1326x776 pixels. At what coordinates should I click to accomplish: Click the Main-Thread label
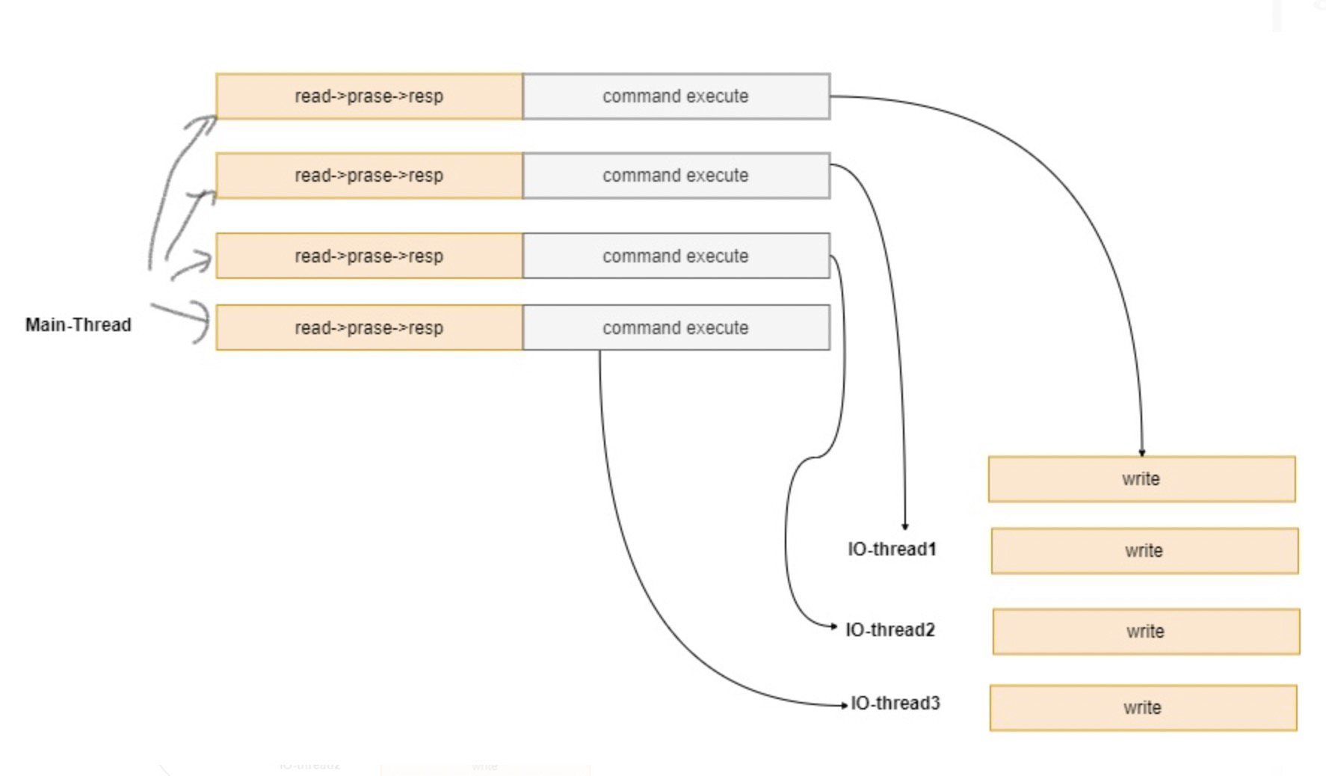pyautogui.click(x=78, y=325)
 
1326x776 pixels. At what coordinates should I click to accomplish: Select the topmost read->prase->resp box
pyautogui.click(x=368, y=96)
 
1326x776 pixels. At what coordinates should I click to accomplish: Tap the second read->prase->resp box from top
pyautogui.click(x=368, y=176)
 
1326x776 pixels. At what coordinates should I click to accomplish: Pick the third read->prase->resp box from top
pyautogui.click(x=368, y=256)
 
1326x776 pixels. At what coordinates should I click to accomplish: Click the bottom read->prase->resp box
pyautogui.click(x=368, y=327)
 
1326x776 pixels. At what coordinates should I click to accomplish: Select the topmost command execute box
pyautogui.click(x=676, y=96)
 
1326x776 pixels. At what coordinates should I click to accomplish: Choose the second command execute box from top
pyautogui.click(x=676, y=176)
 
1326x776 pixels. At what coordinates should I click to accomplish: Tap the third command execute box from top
pyautogui.click(x=676, y=256)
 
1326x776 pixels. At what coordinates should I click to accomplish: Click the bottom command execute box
pyautogui.click(x=676, y=327)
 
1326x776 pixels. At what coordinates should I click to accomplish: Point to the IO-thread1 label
pyautogui.click(x=892, y=549)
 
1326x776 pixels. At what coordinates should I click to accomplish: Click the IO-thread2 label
pyautogui.click(x=890, y=630)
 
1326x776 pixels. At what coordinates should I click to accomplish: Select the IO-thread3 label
pyautogui.click(x=895, y=703)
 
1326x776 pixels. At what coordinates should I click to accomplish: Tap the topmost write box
pyautogui.click(x=1141, y=479)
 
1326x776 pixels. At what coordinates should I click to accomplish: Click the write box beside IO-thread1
pyautogui.click(x=1144, y=551)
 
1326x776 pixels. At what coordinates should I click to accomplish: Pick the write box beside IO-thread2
pyautogui.click(x=1146, y=632)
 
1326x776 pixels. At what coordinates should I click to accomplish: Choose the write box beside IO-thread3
pyautogui.click(x=1143, y=708)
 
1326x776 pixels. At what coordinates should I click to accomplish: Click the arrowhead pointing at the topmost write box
pyautogui.click(x=1141, y=452)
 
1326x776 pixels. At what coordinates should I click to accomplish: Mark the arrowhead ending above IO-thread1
pyautogui.click(x=905, y=526)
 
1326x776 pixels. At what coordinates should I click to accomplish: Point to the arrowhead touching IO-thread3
pyautogui.click(x=844, y=705)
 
